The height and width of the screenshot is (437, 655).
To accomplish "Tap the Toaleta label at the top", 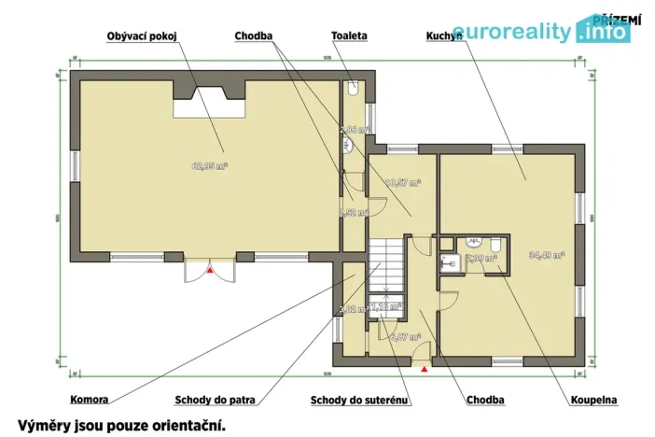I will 349,35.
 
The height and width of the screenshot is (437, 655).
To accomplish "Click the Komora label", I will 90,400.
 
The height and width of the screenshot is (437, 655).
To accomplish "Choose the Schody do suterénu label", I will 360,400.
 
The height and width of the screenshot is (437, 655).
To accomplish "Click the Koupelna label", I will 593,400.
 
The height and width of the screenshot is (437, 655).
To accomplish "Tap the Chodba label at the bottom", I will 484,400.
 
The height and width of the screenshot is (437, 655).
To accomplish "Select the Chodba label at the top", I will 254,35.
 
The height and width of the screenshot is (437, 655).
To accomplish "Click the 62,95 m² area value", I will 210,167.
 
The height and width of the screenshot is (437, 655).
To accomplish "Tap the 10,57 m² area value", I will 402,183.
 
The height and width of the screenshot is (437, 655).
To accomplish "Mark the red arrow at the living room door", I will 211,271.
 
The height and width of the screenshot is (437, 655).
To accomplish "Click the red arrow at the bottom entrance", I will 425,370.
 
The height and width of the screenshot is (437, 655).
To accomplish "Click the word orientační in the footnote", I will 183,424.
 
